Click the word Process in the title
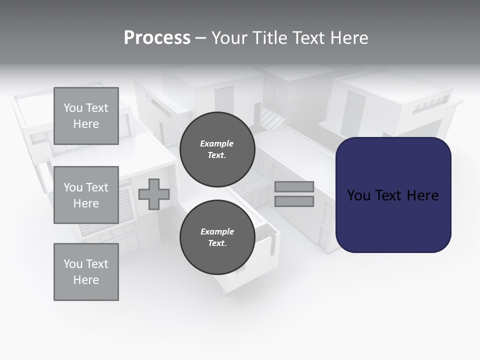click(x=157, y=38)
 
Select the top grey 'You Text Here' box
click(x=86, y=116)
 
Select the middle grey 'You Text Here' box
click(x=86, y=195)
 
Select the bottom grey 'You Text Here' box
click(x=86, y=272)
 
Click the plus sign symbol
click(x=154, y=194)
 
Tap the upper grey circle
click(x=217, y=149)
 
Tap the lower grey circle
click(x=217, y=237)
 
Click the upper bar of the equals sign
click(x=294, y=187)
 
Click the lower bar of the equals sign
click(x=294, y=201)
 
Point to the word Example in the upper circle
click(x=217, y=143)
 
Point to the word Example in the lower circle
click(x=217, y=231)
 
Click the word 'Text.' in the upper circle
click(x=217, y=155)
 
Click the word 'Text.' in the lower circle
click(x=217, y=243)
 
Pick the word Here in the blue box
click(x=422, y=195)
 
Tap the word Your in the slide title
click(x=230, y=38)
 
